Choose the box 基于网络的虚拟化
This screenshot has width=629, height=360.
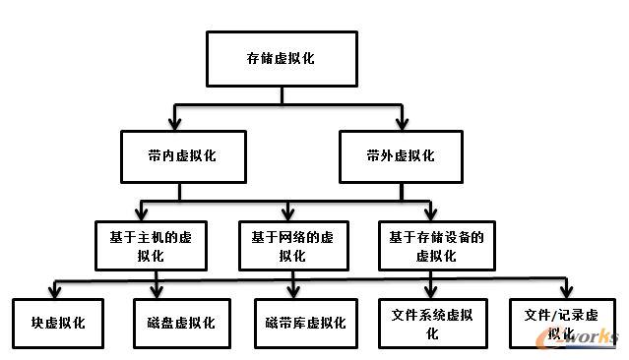292,246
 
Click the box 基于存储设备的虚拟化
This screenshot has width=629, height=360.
435,246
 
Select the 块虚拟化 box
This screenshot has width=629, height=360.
58,323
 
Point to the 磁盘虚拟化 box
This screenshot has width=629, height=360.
174,323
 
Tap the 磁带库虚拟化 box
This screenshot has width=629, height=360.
304,323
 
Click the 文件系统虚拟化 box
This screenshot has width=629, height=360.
432,323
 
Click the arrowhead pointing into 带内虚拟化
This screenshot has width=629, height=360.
174,124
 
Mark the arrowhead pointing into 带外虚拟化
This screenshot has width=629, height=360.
401,124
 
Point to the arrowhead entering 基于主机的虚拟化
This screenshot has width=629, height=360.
145,213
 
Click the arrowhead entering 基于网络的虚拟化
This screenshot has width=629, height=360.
287,213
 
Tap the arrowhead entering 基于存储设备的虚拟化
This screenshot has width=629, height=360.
429,213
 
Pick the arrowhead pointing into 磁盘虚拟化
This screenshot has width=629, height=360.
157,291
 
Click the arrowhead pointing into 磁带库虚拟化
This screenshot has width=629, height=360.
293,291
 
